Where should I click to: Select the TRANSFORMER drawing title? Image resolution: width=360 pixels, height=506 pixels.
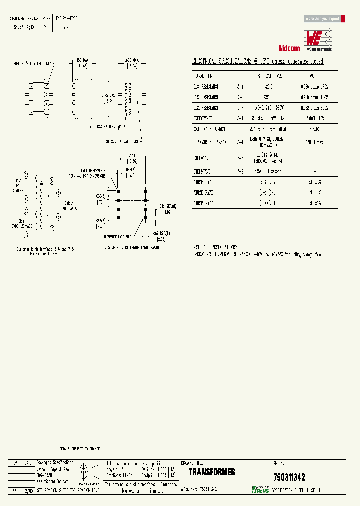(212, 472)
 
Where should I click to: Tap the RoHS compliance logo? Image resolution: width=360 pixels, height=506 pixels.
(261, 489)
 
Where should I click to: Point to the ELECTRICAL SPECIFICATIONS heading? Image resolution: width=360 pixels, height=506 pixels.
(258, 61)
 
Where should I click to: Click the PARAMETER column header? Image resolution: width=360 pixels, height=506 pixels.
(203, 76)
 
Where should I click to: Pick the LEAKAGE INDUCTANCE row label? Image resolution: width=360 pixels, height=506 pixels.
(210, 142)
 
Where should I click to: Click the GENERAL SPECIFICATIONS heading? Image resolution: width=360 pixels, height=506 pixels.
(215, 247)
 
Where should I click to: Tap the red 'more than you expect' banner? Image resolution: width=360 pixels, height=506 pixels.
(323, 19)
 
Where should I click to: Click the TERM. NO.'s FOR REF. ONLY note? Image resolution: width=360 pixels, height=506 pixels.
(33, 64)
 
